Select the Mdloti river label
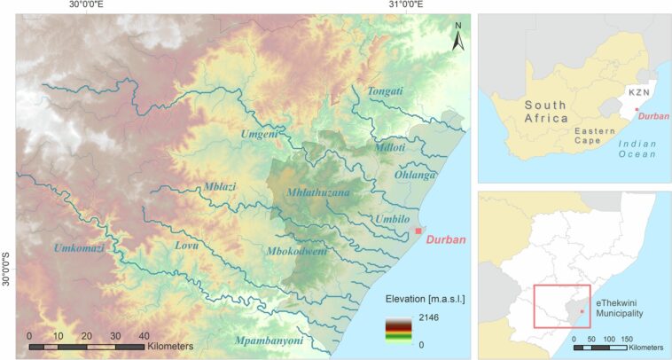(389, 148)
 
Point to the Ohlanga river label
(416, 176)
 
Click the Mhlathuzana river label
(318, 192)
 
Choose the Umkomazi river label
(79, 248)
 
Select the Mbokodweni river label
(297, 252)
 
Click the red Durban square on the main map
(418, 231)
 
